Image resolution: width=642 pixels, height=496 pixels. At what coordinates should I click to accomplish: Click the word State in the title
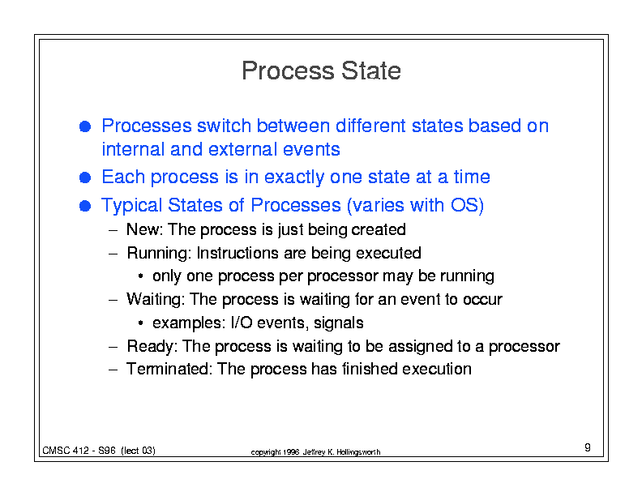(x=371, y=71)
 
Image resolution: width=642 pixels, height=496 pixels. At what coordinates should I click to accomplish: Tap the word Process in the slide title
(x=289, y=71)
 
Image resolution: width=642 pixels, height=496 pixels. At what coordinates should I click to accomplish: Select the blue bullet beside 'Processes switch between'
(x=85, y=126)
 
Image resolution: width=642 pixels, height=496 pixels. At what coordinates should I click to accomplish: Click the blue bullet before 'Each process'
(x=85, y=177)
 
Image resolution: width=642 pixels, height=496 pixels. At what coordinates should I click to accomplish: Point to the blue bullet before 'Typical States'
(x=85, y=205)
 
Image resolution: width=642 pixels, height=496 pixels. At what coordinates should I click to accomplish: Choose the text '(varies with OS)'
(x=415, y=205)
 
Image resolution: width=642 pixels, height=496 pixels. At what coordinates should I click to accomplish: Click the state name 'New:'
(x=145, y=229)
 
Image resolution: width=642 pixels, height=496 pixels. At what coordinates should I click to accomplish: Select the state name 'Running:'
(x=159, y=254)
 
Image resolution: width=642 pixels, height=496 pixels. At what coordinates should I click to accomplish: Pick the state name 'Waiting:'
(x=155, y=300)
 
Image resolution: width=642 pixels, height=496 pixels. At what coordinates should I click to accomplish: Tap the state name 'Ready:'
(x=152, y=347)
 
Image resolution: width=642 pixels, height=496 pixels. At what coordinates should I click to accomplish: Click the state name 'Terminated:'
(x=169, y=369)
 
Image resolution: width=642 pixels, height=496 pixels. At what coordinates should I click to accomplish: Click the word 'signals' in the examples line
(x=339, y=323)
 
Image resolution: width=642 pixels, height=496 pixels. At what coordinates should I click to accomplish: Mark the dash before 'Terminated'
(x=113, y=370)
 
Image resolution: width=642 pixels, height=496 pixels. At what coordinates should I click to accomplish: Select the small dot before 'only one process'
(x=140, y=276)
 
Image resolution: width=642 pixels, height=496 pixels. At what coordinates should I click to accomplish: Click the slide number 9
(x=588, y=447)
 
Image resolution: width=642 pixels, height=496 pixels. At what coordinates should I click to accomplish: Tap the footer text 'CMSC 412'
(x=66, y=451)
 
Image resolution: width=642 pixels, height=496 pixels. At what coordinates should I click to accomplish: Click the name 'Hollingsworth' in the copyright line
(x=358, y=452)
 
